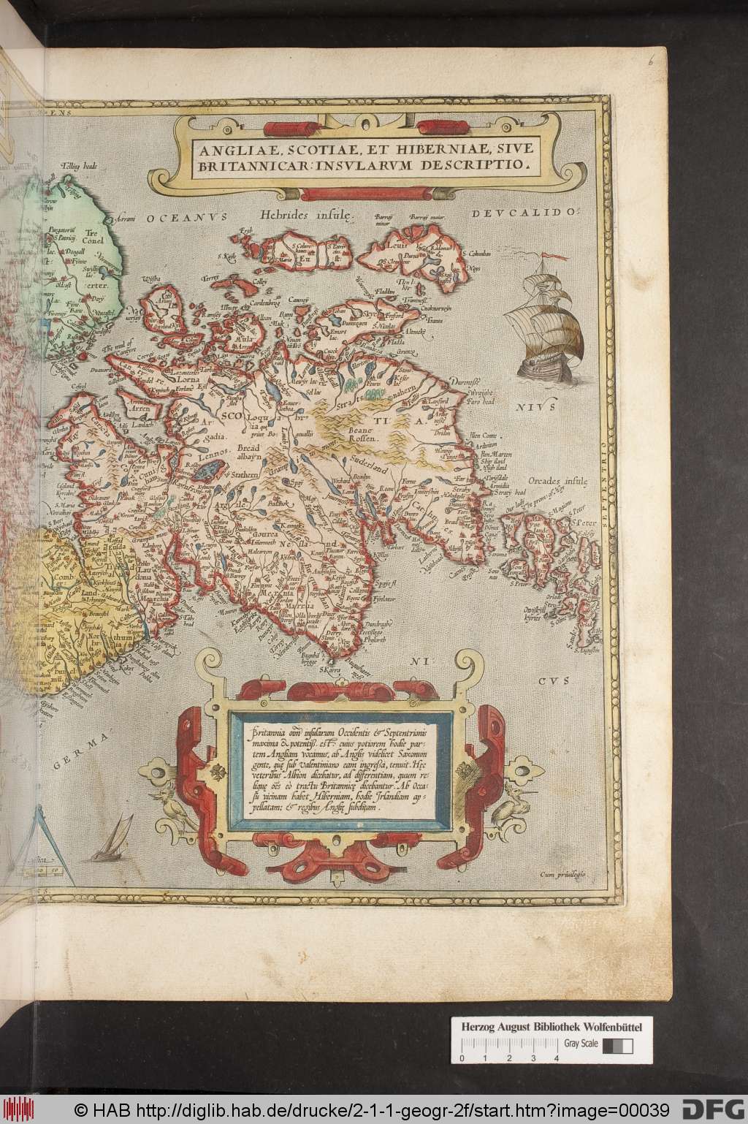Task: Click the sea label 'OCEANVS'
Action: [186, 217]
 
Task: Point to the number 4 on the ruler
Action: [557, 1057]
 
